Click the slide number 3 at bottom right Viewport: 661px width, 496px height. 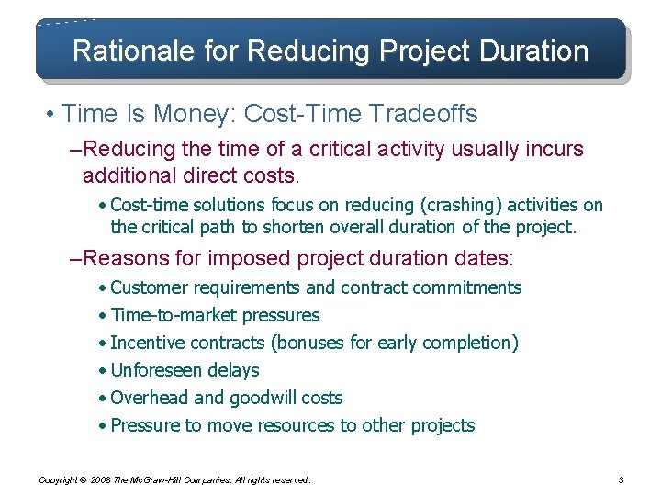tap(622, 479)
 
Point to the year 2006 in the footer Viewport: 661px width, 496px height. tap(101, 480)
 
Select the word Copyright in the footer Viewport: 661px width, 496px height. tap(56, 480)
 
